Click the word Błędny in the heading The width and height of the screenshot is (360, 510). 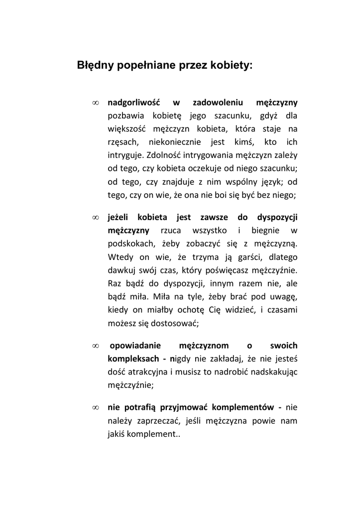[x=95, y=65]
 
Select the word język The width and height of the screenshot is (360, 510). [x=267, y=180]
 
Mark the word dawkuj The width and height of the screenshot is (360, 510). [x=121, y=270]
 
